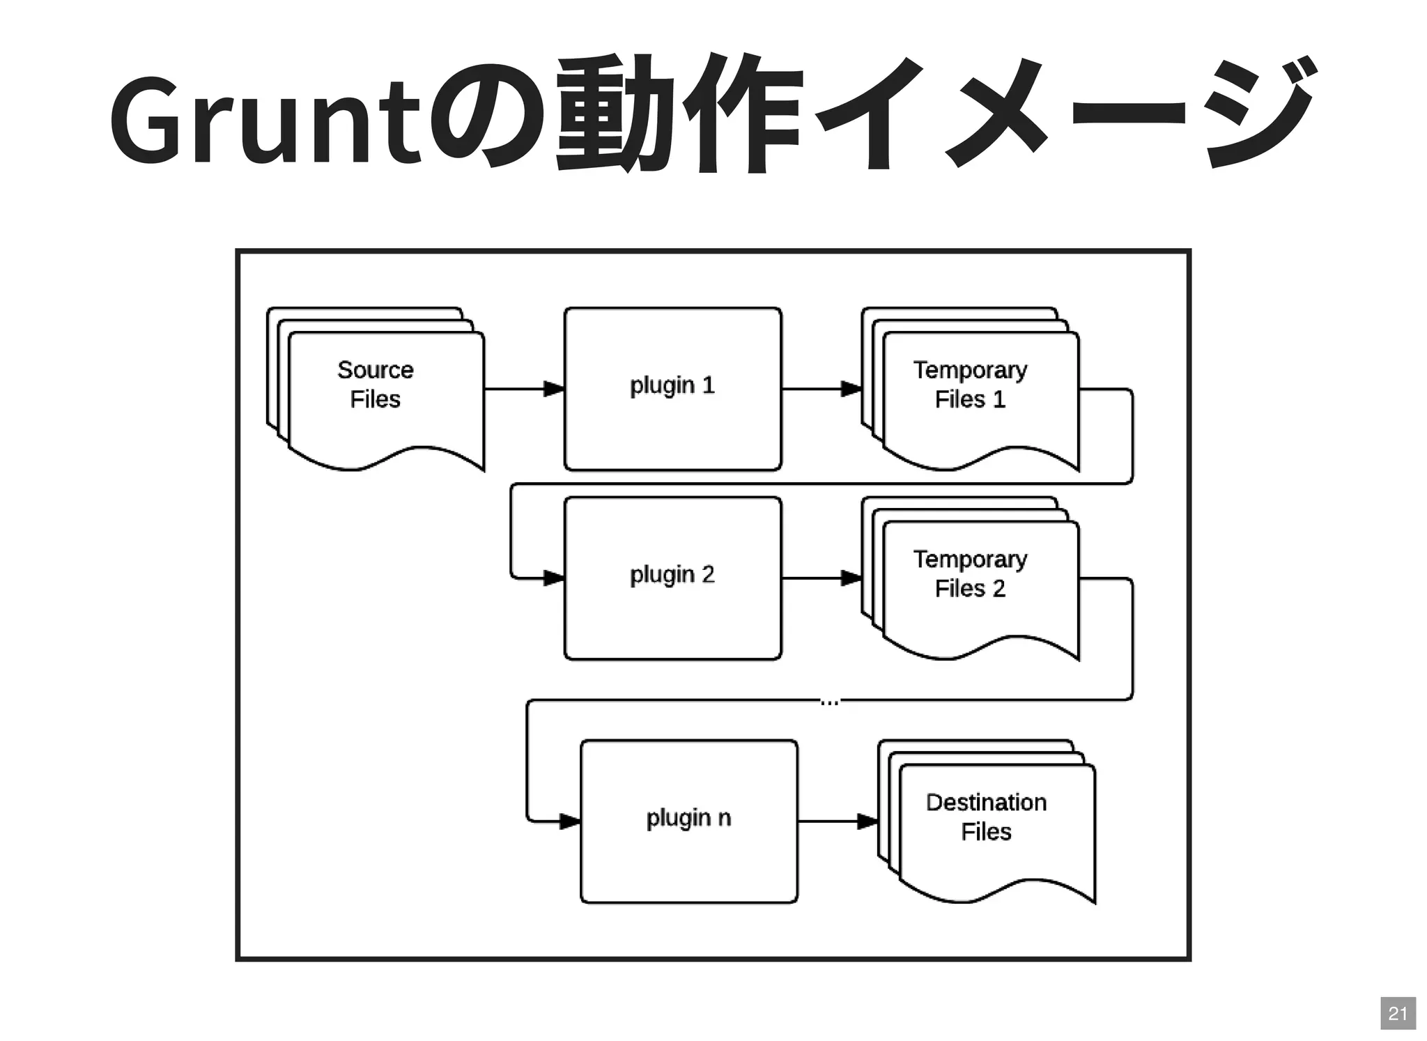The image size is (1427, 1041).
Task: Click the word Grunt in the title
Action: [265, 118]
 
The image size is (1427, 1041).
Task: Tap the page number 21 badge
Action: [1398, 1013]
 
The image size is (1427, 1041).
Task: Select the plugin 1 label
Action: [672, 385]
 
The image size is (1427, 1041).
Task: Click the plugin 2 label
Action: [672, 575]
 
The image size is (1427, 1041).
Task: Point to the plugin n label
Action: [688, 818]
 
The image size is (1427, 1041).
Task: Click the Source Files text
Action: [376, 385]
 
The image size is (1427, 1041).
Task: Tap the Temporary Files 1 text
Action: [970, 385]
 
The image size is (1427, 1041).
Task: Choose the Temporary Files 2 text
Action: [970, 574]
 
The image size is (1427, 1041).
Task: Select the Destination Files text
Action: [986, 817]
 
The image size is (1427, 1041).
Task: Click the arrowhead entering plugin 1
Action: [555, 389]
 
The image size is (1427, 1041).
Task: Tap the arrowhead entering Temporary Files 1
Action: [851, 389]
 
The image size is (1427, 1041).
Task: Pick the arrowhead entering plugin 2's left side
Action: [555, 578]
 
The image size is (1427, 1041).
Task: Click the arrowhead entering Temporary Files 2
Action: [851, 578]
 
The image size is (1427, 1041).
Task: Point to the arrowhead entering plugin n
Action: [571, 822]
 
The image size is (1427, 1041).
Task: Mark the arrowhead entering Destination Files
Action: [867, 822]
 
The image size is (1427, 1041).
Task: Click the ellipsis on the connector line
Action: [829, 702]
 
